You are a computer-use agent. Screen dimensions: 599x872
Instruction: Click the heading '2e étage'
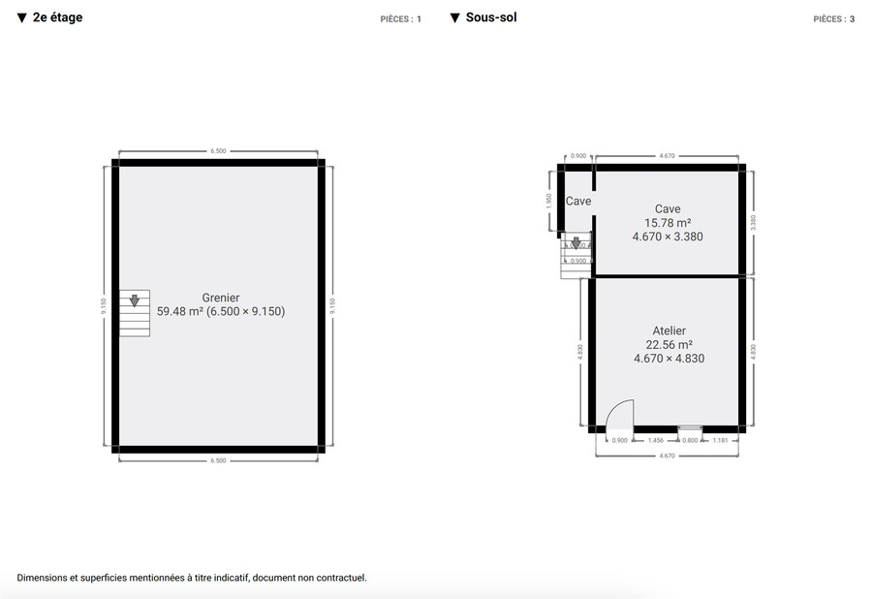[57, 17]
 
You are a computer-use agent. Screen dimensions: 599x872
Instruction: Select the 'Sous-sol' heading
[490, 17]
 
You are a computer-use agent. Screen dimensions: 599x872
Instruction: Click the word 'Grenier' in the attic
[221, 298]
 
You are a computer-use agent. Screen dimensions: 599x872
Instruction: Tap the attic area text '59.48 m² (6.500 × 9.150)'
[221, 312]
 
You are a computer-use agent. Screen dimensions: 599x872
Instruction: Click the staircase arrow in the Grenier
[135, 300]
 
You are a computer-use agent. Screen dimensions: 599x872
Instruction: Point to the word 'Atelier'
[669, 331]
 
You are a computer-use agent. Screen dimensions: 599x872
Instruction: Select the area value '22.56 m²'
[669, 345]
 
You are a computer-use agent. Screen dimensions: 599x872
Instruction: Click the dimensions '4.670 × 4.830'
[669, 359]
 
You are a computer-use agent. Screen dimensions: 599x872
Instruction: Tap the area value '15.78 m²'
[668, 223]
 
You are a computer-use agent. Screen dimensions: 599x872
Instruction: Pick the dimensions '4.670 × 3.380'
[668, 236]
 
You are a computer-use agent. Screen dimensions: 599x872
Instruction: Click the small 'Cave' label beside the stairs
[578, 202]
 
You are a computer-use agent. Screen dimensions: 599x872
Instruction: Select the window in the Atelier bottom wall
[690, 427]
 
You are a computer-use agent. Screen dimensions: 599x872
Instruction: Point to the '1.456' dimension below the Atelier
[655, 441]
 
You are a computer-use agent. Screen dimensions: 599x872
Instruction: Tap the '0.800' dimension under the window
[690, 441]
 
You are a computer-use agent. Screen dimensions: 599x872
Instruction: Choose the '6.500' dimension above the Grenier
[218, 151]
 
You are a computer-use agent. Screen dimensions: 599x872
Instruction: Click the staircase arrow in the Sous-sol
[575, 243]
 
